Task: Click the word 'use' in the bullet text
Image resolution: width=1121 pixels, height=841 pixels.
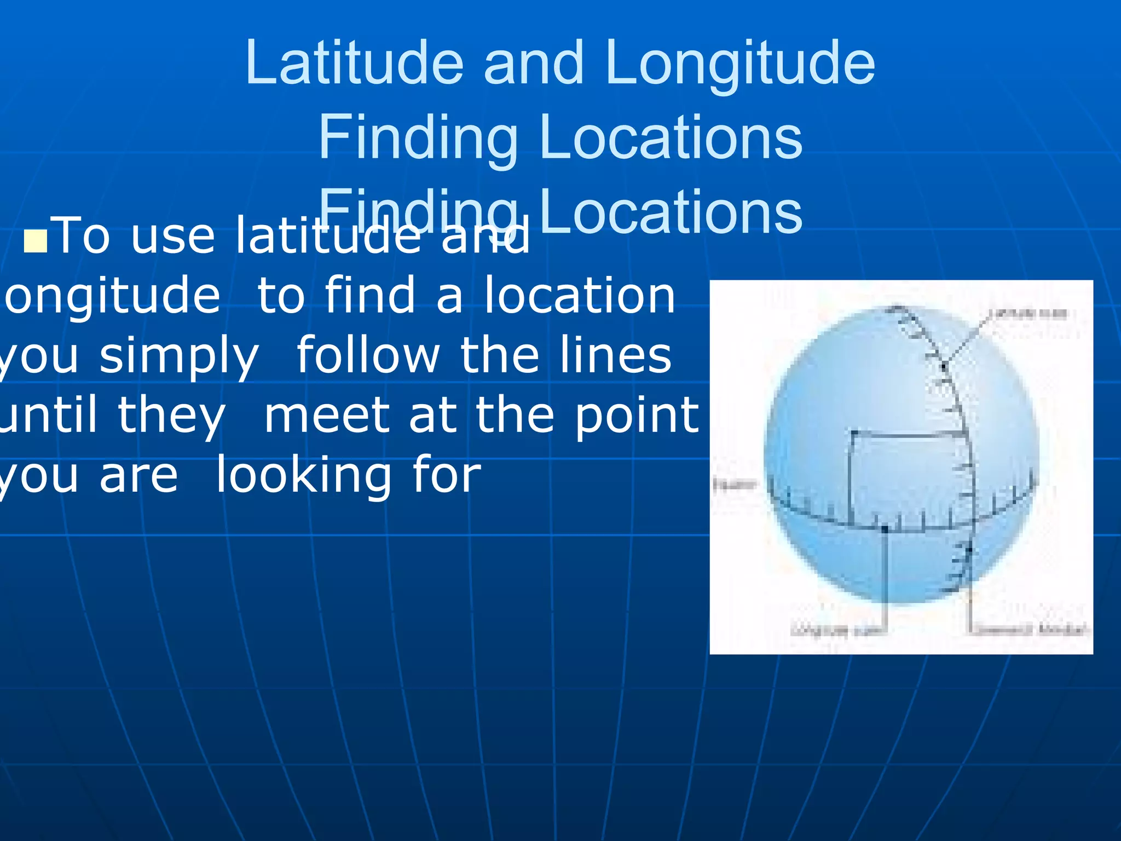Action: pos(173,237)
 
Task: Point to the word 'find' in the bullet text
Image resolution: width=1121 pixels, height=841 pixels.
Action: pos(370,296)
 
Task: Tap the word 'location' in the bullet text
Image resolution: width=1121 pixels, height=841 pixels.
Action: pos(580,296)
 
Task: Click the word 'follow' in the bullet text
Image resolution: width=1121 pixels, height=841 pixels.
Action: pos(368,355)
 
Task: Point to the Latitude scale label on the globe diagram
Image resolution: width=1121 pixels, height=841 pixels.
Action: pos(1028,314)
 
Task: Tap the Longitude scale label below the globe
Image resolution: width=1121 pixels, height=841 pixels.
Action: pos(837,630)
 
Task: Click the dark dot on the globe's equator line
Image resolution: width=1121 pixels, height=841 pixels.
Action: pos(885,529)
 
